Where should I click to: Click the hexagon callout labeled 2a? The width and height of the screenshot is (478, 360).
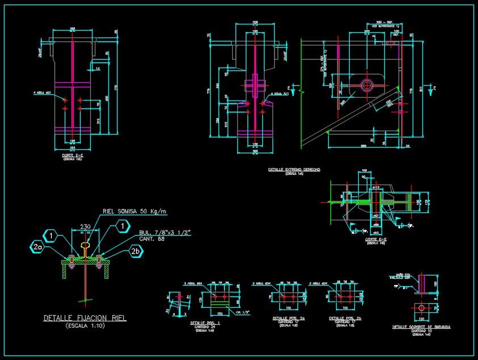[x=37, y=246]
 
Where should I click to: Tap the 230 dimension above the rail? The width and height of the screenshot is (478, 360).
[x=85, y=226]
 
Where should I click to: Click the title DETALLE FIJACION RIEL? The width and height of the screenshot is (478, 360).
[x=85, y=319]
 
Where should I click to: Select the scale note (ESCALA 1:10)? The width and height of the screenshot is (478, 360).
[x=85, y=326]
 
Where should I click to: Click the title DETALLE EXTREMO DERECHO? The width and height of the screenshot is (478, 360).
[x=294, y=169]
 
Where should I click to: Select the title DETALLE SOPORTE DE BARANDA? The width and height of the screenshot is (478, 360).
[x=421, y=327]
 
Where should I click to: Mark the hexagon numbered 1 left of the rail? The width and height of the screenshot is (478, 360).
[x=51, y=235]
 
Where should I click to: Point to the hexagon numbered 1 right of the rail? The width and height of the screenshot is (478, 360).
[x=122, y=227]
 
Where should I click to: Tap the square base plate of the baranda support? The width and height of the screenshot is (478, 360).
[x=421, y=308]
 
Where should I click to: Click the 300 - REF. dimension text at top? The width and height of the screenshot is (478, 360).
[x=388, y=23]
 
